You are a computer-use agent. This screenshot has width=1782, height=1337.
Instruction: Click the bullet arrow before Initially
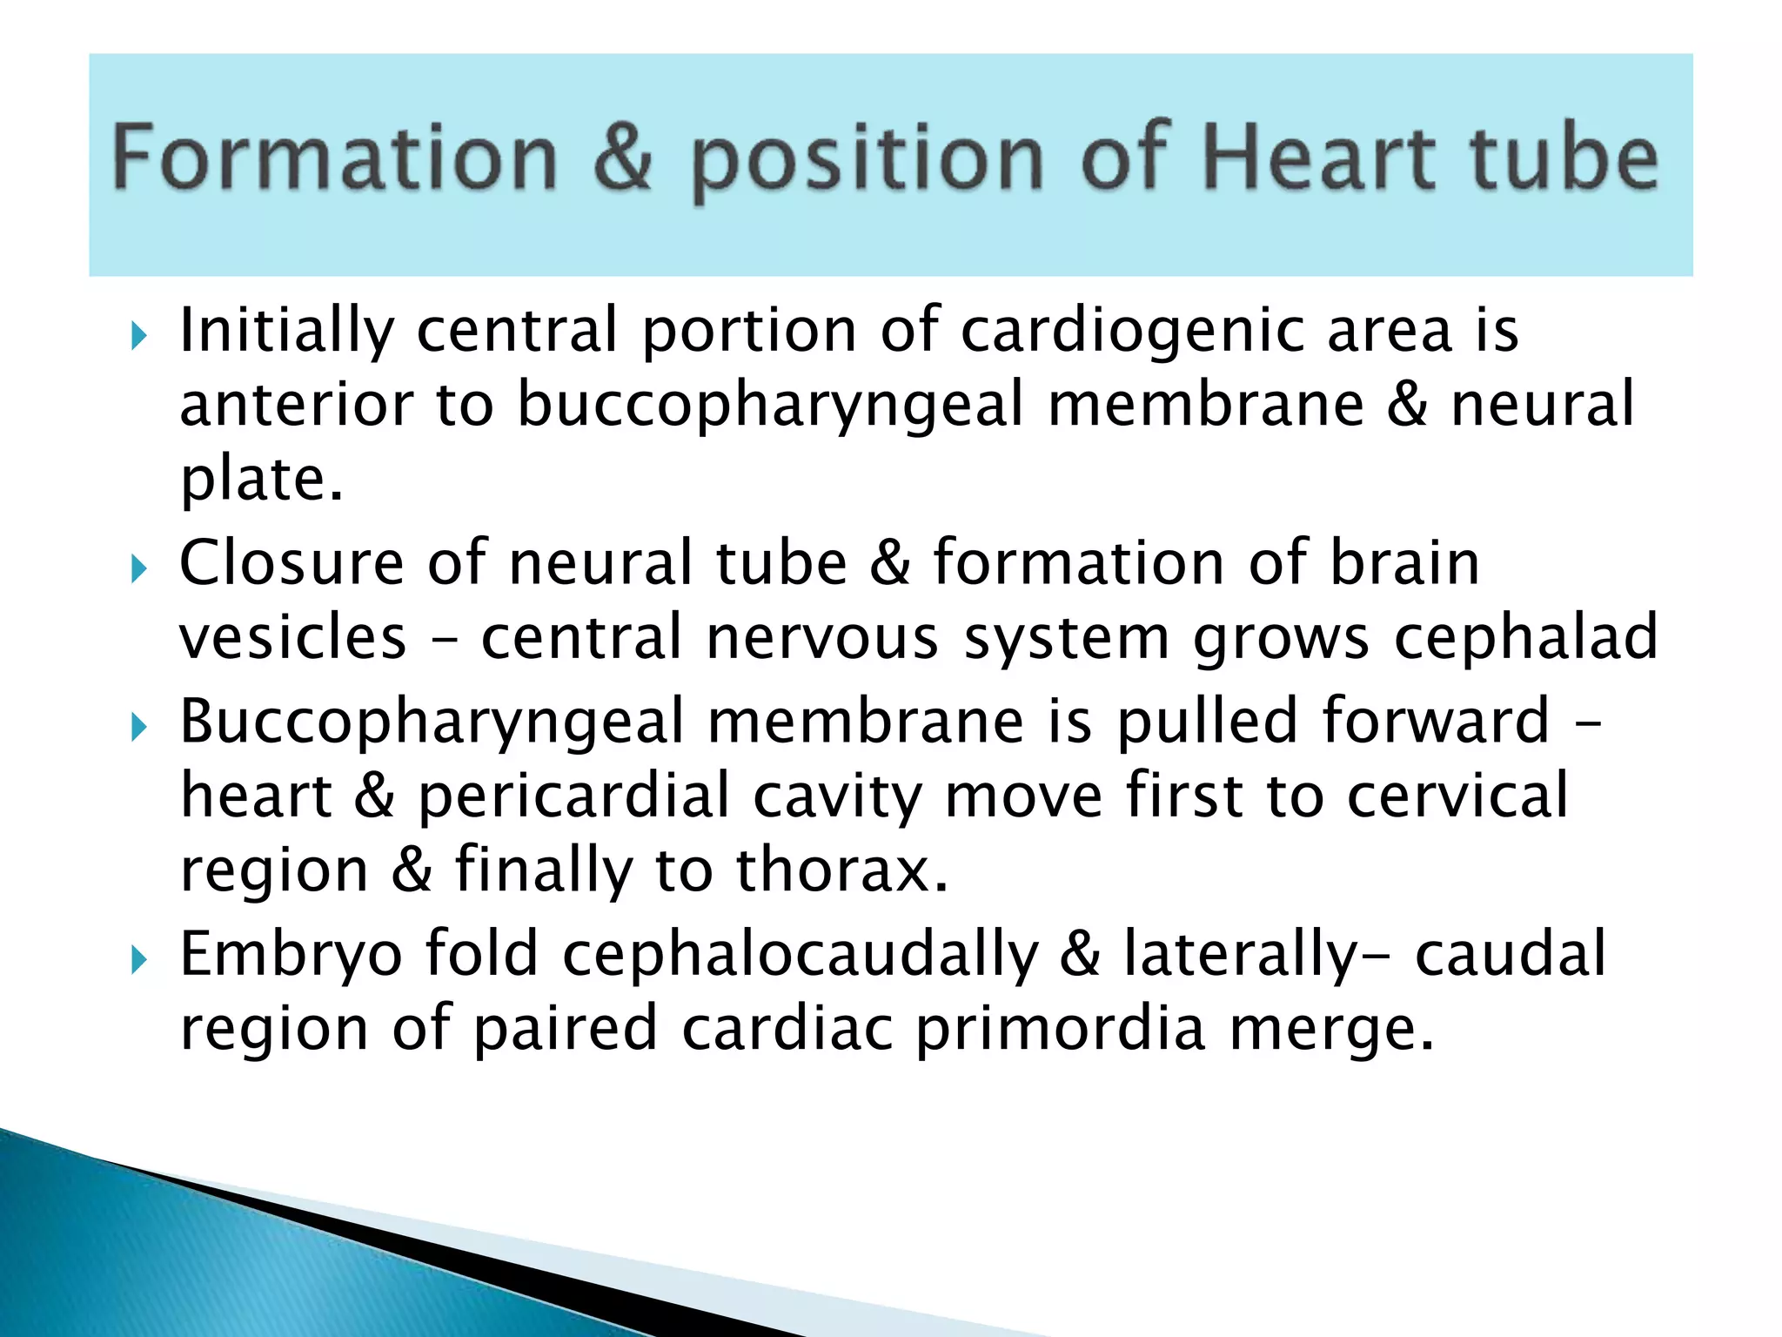[138, 335]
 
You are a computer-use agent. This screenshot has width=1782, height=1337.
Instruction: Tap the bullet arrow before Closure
[138, 570]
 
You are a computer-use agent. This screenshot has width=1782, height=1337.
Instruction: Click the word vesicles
[293, 638]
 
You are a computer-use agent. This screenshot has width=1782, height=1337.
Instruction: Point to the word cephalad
[1525, 638]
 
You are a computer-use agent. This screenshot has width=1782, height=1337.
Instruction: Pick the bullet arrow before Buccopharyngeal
[138, 727]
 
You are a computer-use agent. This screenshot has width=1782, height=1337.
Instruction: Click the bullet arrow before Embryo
[138, 961]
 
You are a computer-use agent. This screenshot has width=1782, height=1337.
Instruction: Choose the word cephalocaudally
[801, 955]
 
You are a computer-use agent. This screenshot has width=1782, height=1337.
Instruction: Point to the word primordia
[1061, 1030]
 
